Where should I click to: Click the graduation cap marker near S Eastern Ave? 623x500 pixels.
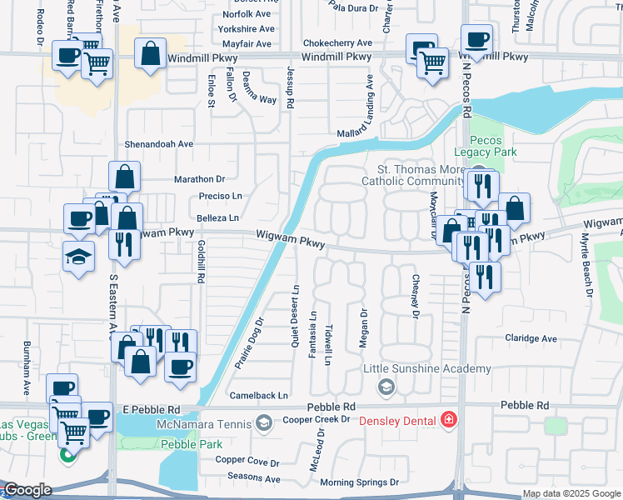click(x=78, y=256)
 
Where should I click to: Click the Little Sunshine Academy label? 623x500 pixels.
click(x=426, y=369)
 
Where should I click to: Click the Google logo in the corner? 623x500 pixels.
click(x=27, y=489)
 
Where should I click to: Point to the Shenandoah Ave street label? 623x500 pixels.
click(x=158, y=143)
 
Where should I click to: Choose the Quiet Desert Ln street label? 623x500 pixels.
click(x=295, y=317)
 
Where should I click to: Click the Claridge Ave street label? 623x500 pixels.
click(x=531, y=338)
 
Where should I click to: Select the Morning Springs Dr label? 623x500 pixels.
click(x=360, y=482)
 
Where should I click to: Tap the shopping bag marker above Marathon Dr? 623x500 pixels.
click(x=124, y=177)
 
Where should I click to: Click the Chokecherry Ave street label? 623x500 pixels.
click(x=337, y=42)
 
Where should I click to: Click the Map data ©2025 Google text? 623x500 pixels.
click(x=571, y=493)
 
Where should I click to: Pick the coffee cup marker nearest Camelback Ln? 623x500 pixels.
click(x=181, y=367)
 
